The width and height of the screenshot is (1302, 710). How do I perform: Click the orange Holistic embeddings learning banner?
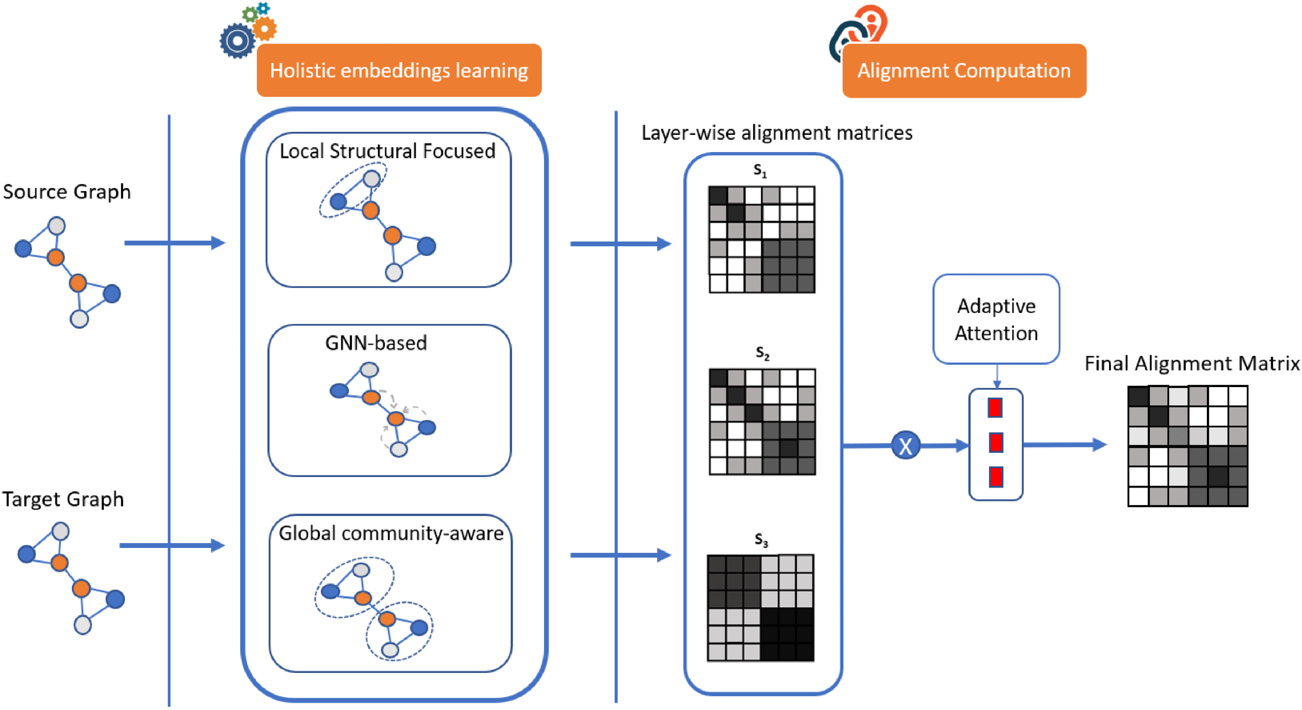pyautogui.click(x=399, y=70)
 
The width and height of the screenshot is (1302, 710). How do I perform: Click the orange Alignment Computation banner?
pyautogui.click(x=964, y=71)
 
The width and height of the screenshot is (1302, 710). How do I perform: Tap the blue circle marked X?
pyautogui.click(x=905, y=446)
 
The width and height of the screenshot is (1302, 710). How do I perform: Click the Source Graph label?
pyautogui.click(x=67, y=192)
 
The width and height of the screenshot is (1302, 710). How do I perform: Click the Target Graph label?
pyautogui.click(x=63, y=499)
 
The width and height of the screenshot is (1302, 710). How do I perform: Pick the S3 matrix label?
pyautogui.click(x=761, y=540)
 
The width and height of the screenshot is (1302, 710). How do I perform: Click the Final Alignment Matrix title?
pyautogui.click(x=1192, y=363)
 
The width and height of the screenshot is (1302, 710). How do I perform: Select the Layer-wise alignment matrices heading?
pyautogui.click(x=777, y=133)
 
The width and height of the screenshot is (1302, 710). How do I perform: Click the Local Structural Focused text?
pyautogui.click(x=387, y=151)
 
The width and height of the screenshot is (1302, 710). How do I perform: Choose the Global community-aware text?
pyautogui.click(x=391, y=533)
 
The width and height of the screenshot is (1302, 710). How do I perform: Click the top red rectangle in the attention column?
pyautogui.click(x=995, y=408)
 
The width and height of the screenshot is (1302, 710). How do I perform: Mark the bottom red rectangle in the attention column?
pyautogui.click(x=996, y=477)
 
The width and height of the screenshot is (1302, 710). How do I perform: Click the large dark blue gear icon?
pyautogui.click(x=237, y=41)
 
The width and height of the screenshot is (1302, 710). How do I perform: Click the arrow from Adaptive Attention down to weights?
pyautogui.click(x=997, y=376)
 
